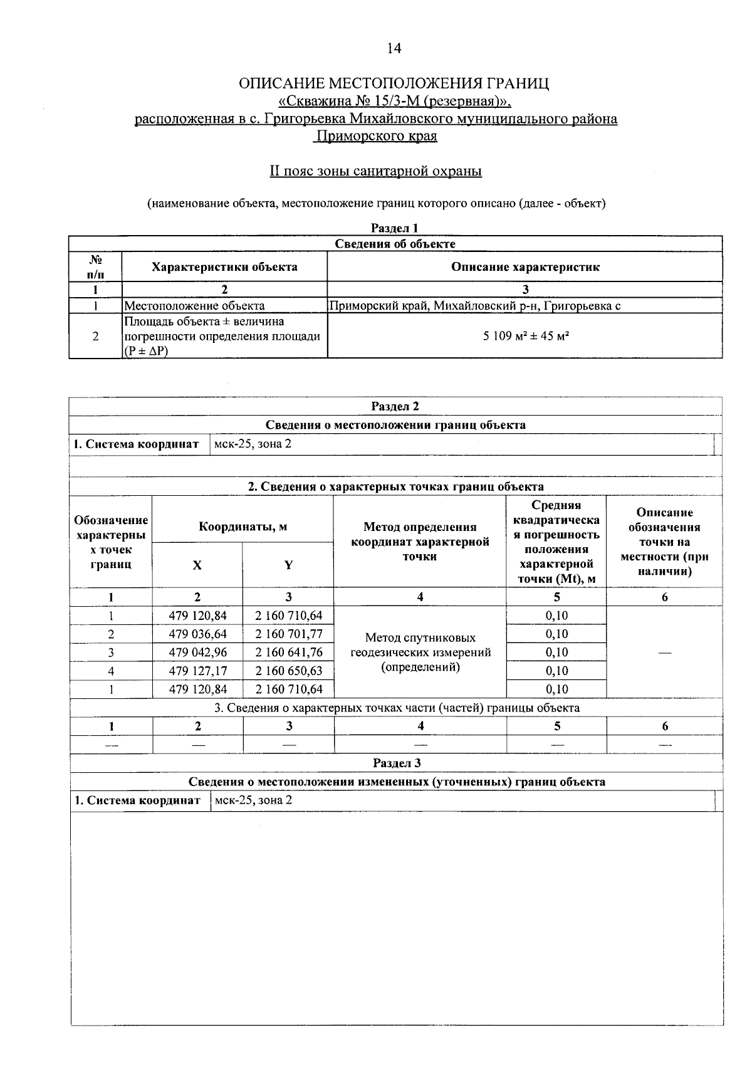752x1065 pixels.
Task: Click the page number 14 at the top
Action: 394,49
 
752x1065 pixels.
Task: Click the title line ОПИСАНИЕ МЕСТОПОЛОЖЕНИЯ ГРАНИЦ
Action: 395,84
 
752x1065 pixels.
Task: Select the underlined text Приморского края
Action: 376,136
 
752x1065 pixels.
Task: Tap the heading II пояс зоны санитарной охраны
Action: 375,171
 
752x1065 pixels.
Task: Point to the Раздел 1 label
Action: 394,228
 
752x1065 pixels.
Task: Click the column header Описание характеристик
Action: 525,267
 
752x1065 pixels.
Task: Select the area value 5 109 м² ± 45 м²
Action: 525,336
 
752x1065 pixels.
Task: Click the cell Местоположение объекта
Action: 194,306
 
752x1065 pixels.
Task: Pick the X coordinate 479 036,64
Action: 198,634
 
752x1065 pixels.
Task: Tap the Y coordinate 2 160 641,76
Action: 288,652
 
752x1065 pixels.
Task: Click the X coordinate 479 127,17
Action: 198,671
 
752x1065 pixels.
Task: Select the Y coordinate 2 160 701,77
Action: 288,634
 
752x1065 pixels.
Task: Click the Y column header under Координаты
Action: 288,565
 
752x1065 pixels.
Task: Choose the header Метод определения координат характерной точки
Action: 420,542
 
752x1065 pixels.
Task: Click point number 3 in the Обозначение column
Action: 111,653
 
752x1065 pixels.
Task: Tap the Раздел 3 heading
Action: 397,763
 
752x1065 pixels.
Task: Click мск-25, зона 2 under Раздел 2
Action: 253,444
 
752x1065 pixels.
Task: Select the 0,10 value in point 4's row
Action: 556,671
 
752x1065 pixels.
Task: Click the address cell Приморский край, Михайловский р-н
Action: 475,306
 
